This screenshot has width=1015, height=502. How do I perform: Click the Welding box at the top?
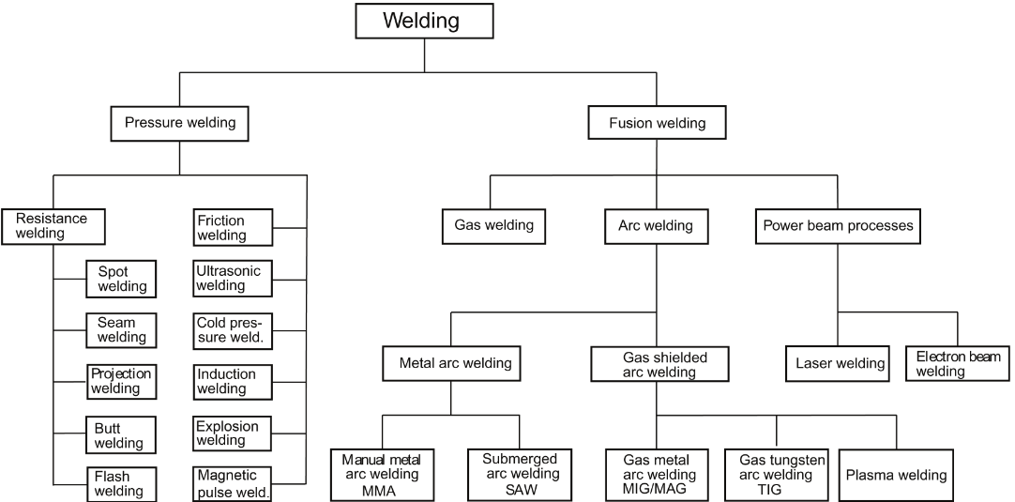point(424,21)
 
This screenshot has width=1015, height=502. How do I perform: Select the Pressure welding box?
point(179,123)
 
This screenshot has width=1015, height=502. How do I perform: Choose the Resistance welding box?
point(53,226)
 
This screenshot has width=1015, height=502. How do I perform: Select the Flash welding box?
point(117,484)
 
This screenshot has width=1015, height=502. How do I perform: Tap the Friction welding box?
point(233,228)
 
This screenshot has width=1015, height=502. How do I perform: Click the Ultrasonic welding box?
point(233,279)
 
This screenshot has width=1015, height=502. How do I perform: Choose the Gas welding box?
point(493,225)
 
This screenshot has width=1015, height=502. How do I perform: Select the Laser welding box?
point(840,363)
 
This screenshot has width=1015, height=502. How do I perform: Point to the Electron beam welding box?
point(958,364)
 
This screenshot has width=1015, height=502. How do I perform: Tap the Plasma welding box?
point(896,475)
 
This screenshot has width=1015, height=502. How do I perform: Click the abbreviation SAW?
point(520,490)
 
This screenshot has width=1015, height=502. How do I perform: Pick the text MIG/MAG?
point(657,490)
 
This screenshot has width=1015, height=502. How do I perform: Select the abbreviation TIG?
point(776,490)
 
